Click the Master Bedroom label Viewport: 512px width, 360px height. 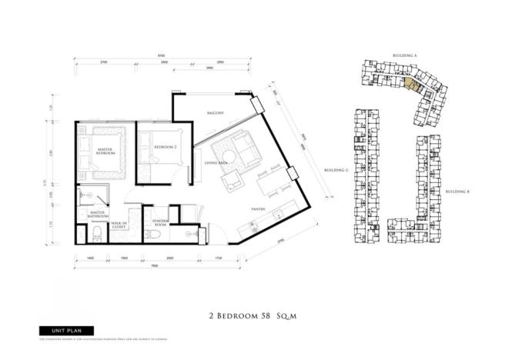coord(105,151)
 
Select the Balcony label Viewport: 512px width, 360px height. coord(216,113)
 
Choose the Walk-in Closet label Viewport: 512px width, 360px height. coord(119,225)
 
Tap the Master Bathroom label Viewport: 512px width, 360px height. coord(97,215)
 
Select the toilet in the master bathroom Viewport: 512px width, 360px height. coord(84,228)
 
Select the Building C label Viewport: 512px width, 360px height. coord(336,169)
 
